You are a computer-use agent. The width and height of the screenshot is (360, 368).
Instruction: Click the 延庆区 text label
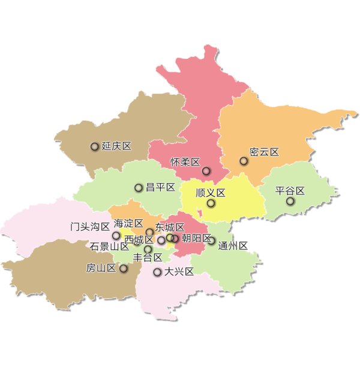116,146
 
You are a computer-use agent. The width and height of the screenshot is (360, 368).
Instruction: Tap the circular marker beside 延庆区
94,146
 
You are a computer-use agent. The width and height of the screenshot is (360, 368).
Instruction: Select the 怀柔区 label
185,162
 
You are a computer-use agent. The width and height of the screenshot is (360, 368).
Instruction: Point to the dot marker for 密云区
244,161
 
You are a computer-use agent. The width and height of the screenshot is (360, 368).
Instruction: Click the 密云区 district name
265,152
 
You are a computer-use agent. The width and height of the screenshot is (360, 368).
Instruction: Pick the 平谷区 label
290,191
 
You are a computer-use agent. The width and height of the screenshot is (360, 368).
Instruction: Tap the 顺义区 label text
211,193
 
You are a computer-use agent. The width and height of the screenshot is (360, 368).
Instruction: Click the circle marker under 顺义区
211,204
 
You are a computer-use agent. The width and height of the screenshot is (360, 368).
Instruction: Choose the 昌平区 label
160,188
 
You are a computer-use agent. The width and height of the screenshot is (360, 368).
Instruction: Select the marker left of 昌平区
139,188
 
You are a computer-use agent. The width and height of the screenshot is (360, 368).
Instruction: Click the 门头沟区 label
90,226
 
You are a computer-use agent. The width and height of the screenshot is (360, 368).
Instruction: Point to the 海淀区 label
128,224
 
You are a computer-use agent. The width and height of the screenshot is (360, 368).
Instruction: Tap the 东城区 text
170,228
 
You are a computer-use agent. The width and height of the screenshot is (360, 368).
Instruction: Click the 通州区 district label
233,246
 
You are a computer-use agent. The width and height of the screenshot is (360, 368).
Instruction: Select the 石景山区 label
110,246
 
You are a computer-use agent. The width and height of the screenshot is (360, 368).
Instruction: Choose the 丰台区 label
148,258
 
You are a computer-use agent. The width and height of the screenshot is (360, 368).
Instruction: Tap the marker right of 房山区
124,268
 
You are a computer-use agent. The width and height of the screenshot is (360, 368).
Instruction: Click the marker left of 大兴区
157,272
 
